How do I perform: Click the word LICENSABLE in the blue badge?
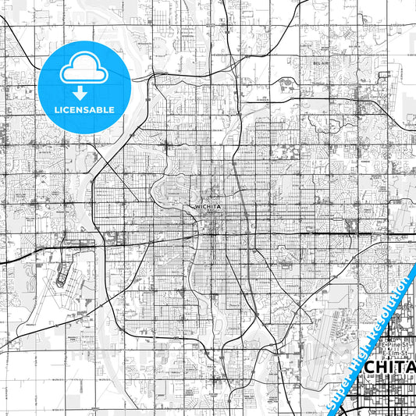(84, 109)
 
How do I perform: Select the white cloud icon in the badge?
(84, 69)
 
